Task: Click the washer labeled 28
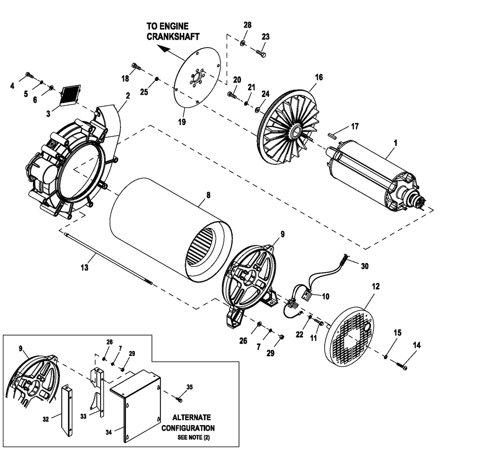point(242,44)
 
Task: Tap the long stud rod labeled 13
point(107,257)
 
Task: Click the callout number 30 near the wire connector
point(365,266)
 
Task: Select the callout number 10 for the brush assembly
point(326,296)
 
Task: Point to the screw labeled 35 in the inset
point(178,398)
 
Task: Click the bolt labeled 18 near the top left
point(136,66)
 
